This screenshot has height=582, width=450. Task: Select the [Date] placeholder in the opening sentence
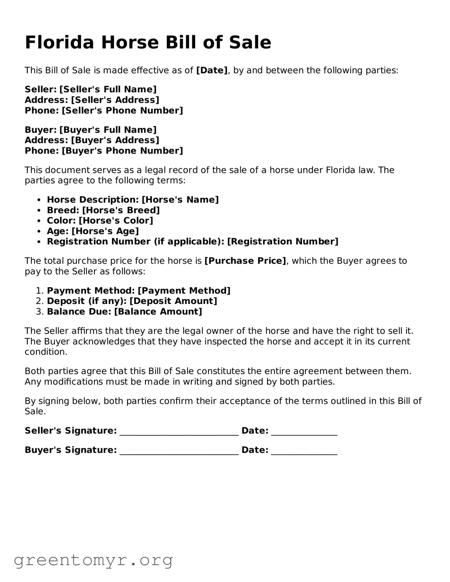[x=212, y=70]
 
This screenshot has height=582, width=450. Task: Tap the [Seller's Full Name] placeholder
[x=108, y=89]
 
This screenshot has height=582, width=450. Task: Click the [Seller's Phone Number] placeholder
[x=122, y=111]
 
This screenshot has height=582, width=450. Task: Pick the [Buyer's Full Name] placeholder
[x=108, y=130]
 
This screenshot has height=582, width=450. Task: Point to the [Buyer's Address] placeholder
[x=115, y=140]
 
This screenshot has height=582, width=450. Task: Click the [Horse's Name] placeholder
[x=180, y=200]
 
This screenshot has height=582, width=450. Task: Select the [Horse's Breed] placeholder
[x=121, y=210]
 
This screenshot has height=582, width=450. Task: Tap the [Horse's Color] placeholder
[x=116, y=221]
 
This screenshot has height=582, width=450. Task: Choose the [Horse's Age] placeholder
[x=105, y=231]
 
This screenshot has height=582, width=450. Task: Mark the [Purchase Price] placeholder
[x=245, y=261]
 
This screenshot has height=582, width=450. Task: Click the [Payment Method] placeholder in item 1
[x=184, y=291]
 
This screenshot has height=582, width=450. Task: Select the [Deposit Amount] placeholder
[x=173, y=301]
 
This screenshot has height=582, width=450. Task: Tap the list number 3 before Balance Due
[x=39, y=312]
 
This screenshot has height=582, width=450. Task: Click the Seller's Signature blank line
[x=179, y=432]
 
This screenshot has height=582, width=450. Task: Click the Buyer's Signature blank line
[x=179, y=451]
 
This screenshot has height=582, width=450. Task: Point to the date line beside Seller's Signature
[x=304, y=432]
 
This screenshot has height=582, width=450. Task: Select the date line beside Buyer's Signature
[x=304, y=451]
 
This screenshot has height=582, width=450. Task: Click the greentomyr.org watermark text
[x=93, y=560]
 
